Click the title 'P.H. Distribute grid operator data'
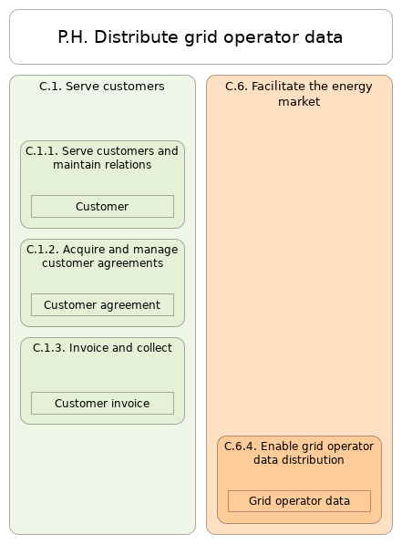coord(201,37)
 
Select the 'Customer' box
coord(102,207)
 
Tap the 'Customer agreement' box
coord(102,305)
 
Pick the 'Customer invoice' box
coord(102,404)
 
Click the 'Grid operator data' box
coord(299,501)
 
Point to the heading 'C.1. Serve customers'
coord(102,87)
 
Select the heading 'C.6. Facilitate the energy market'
coord(299,94)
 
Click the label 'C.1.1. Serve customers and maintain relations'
coord(102,158)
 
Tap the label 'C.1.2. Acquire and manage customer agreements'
coord(102,256)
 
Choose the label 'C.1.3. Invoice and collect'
coord(102,348)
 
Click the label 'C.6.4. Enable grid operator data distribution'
coord(299,453)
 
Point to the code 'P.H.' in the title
coord(73,37)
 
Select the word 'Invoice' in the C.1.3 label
coord(89,348)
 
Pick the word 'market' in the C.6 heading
coord(299,102)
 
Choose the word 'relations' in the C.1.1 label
coord(126,165)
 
